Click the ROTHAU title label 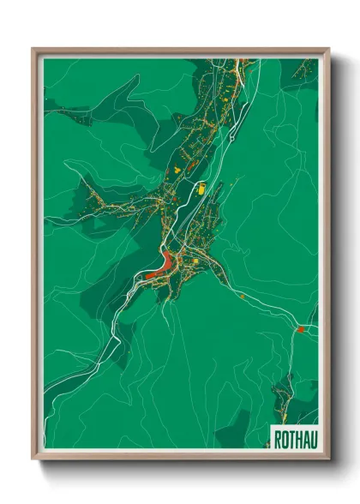click(x=293, y=440)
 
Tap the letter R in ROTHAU click(x=278, y=440)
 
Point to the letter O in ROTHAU click(x=284, y=440)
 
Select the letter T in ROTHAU click(x=290, y=440)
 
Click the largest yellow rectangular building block click(x=201, y=188)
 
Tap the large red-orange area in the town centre click(x=160, y=269)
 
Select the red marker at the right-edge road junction click(x=301, y=328)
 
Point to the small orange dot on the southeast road click(x=243, y=296)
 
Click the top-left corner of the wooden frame click(x=33, y=50)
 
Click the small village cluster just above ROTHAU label click(x=287, y=397)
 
